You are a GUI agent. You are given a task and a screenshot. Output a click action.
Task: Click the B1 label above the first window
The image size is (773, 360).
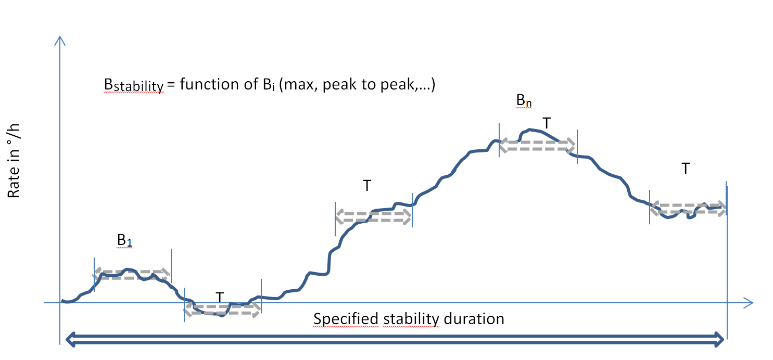coord(124,241)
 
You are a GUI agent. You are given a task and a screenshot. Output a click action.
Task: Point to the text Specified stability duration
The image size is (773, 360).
coord(409,318)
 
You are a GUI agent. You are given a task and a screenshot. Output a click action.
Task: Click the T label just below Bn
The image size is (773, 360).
coord(546,123)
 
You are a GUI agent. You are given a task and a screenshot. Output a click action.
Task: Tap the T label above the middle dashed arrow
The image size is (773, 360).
coord(367,186)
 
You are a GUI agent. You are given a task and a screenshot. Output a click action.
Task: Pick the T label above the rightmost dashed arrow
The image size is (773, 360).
coord(686,169)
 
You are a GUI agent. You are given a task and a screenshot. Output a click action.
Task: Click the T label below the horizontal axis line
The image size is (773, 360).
coord(220,298)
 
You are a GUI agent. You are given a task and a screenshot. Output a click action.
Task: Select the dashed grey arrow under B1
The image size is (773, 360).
coord(132,274)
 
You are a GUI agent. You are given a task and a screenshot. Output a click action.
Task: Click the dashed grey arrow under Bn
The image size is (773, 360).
coord(538,145)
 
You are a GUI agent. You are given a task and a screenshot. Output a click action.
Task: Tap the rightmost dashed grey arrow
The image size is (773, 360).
coord(688,208)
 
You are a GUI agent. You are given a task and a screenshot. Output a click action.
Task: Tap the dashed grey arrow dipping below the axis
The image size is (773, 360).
coord(222,311)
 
